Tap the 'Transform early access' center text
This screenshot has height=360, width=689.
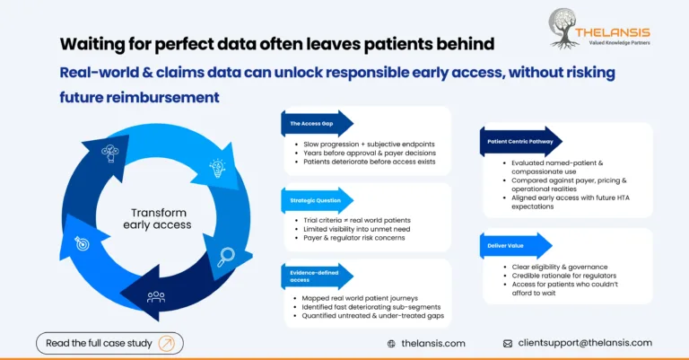tap(158, 218)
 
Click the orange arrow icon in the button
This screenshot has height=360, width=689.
tap(166, 343)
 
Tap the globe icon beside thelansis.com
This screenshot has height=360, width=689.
tap(391, 343)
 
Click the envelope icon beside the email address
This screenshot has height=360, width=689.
tap(508, 343)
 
